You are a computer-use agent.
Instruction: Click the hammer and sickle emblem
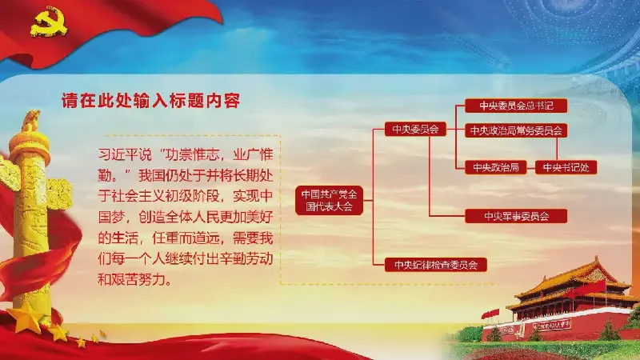[48, 23]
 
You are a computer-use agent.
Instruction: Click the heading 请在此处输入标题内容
[150, 101]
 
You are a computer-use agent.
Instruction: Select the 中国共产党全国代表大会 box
[329, 201]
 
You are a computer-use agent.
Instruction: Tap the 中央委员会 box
[415, 130]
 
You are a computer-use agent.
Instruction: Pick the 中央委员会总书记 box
[516, 106]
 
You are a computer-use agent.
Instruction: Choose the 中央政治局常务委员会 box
[516, 130]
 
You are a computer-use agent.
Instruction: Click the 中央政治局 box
[495, 167]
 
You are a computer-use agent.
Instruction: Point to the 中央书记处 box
[566, 167]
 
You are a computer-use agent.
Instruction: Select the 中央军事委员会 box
[516, 216]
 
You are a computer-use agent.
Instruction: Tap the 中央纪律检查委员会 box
[435, 265]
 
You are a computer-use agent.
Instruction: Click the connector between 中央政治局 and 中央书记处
[530, 167]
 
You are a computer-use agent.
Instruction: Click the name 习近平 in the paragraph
[118, 154]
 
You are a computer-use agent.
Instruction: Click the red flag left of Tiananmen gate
[490, 314]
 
